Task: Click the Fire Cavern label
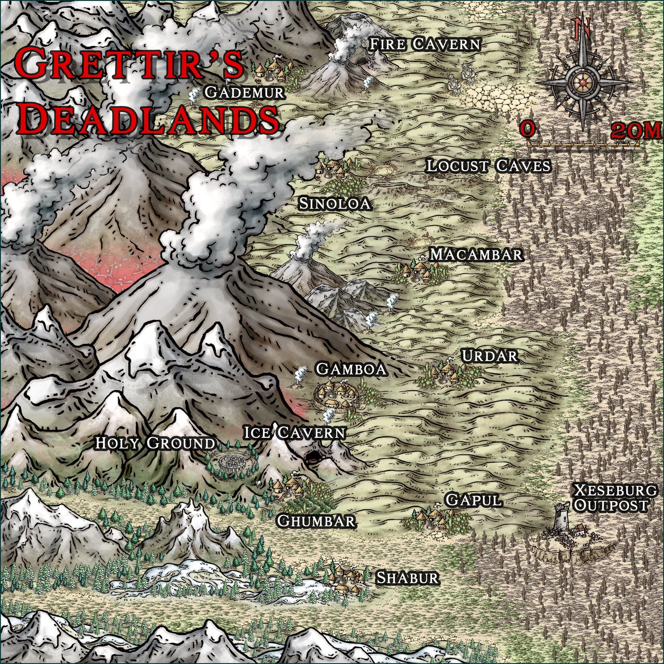tap(425, 45)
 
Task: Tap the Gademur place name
tap(244, 93)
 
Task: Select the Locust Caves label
tap(488, 167)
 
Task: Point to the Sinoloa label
tap(335, 204)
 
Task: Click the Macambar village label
tap(476, 255)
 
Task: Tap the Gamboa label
tap(351, 369)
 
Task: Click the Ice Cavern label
tap(294, 433)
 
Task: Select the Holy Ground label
tap(155, 444)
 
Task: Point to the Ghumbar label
tap(316, 521)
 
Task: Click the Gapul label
tap(474, 501)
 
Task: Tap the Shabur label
tap(408, 578)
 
